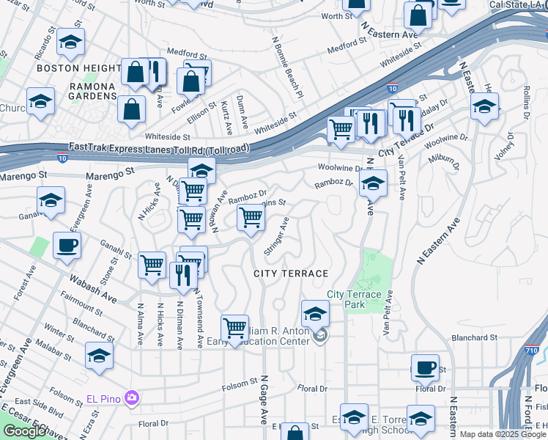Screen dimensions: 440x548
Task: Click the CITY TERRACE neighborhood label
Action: click(x=291, y=274)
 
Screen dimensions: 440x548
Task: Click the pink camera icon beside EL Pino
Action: click(x=133, y=397)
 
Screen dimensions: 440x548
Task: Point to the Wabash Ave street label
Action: click(x=93, y=289)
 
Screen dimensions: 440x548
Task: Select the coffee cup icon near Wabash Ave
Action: click(x=67, y=246)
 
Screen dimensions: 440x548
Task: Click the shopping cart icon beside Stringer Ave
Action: click(x=251, y=218)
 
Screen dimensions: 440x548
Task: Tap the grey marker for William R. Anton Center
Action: click(x=319, y=337)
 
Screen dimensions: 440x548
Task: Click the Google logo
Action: click(x=24, y=431)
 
